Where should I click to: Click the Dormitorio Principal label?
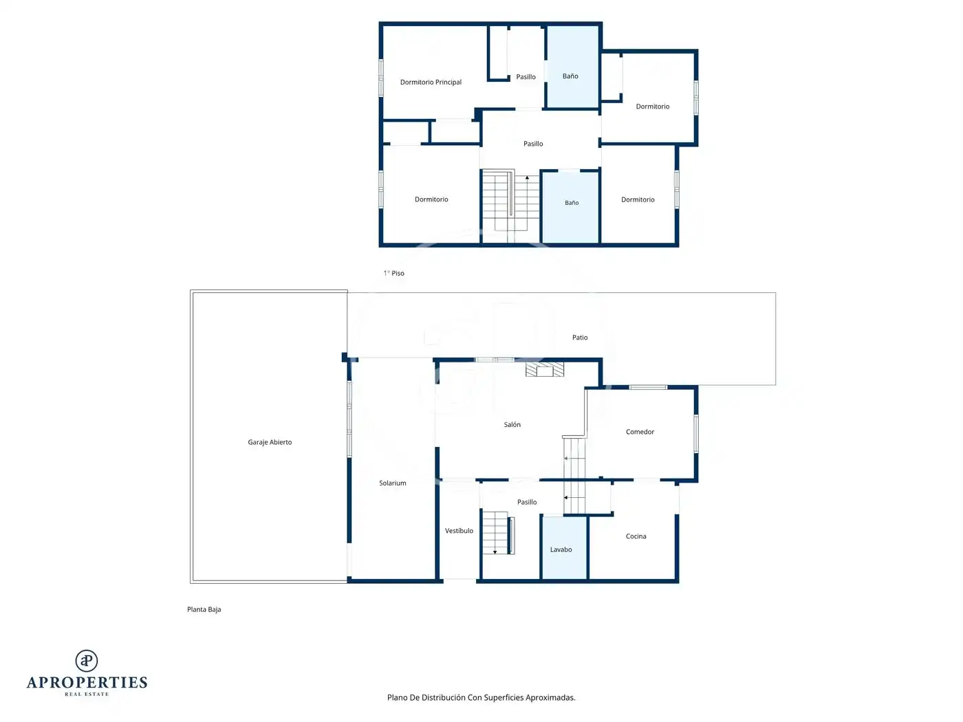(x=431, y=82)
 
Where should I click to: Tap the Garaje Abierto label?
(x=270, y=442)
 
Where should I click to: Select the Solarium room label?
(x=392, y=483)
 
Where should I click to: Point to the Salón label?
(x=512, y=424)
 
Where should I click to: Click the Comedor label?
(x=640, y=432)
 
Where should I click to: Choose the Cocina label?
(x=636, y=536)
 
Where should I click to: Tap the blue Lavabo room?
(x=564, y=548)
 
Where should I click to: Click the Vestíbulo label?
(x=459, y=530)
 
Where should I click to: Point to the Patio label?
(x=580, y=337)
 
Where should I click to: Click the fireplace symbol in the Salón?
(x=545, y=369)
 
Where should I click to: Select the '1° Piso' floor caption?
(x=393, y=273)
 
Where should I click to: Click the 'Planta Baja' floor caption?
(x=204, y=609)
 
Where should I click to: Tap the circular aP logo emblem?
(x=87, y=661)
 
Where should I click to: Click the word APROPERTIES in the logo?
(x=87, y=683)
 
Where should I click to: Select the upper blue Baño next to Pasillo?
(x=572, y=67)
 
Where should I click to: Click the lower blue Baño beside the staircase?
(x=570, y=207)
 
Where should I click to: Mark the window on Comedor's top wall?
(x=648, y=387)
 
